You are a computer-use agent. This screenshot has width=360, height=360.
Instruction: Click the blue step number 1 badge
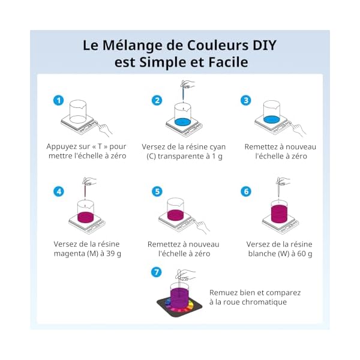click(58, 101)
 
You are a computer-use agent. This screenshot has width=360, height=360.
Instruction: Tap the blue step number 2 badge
click(157, 101)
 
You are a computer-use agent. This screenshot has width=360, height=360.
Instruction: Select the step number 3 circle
click(245, 101)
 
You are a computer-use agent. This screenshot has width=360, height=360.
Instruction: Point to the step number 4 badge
click(58, 191)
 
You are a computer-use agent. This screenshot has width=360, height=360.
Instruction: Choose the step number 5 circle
click(157, 191)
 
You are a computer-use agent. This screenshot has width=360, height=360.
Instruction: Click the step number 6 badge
click(245, 191)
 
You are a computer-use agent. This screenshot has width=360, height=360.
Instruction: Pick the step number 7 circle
click(157, 272)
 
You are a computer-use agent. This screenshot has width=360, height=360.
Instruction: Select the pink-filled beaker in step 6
click(280, 212)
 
